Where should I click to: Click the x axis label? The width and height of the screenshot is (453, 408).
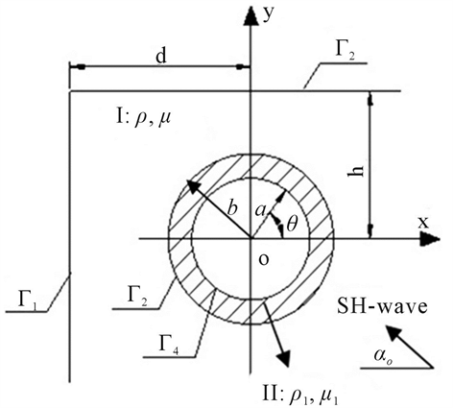[423, 223]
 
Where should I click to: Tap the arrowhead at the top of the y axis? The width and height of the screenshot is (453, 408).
[250, 15]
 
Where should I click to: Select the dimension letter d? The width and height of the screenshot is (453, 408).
[161, 57]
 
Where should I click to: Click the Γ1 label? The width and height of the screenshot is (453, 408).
[28, 300]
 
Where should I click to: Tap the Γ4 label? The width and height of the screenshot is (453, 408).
[168, 346]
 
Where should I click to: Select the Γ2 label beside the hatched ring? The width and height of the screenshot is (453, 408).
[138, 297]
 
